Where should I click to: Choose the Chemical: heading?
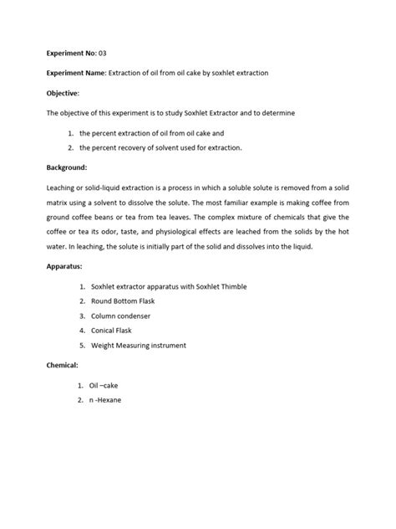click(x=64, y=365)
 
